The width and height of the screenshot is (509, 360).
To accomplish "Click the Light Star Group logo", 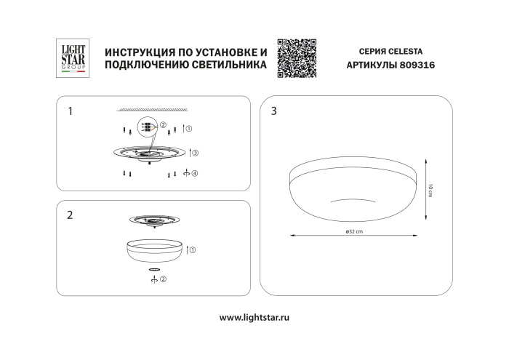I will point(71,57).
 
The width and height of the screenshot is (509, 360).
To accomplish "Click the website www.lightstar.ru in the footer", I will point(254,318).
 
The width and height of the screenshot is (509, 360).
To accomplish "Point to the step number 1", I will point(70,111).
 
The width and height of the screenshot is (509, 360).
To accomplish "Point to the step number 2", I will point(70,215).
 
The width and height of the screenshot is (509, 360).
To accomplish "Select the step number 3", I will point(273,111).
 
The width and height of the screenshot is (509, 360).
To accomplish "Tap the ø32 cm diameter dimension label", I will point(354,232).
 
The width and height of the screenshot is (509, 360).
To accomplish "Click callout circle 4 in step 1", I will point(194,173).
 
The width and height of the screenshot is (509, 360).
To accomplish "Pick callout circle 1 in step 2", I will point(193,249).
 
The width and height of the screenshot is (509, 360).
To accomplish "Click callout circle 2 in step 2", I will point(163,279).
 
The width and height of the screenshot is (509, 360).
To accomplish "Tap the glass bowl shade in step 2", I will point(154,251).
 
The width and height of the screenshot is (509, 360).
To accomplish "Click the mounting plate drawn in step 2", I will point(154,220).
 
